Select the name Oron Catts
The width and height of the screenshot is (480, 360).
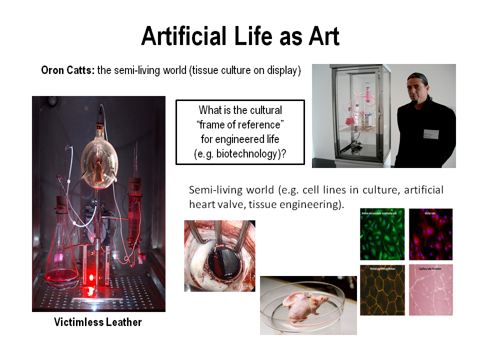[68, 70]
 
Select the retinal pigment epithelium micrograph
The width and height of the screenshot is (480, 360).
[382, 290]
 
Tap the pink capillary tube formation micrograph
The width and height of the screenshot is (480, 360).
[430, 290]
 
